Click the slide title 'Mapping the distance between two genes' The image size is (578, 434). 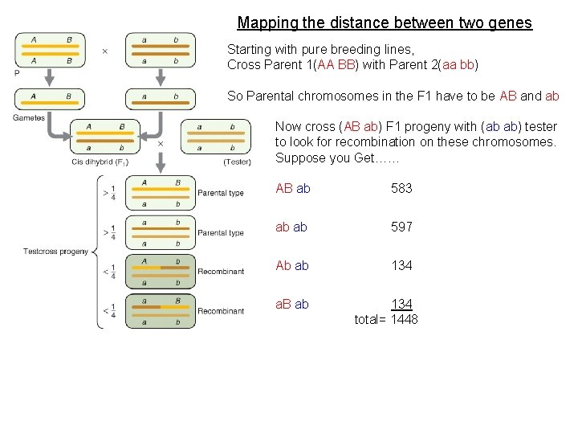[x=385, y=23]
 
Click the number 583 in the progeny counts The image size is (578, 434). [x=401, y=188]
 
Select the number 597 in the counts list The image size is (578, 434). [x=401, y=227]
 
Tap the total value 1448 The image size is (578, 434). [x=404, y=319]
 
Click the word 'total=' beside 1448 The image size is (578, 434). [x=370, y=319]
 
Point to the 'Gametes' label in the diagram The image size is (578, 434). [x=29, y=118]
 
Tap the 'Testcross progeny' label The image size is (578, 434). [x=55, y=252]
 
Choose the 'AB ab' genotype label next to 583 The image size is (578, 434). [x=292, y=188]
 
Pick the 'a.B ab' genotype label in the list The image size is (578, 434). [x=292, y=304]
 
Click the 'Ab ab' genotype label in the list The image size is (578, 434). [x=292, y=265]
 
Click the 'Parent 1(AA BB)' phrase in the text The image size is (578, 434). [x=307, y=64]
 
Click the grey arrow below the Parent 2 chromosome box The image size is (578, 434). [x=160, y=77]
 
